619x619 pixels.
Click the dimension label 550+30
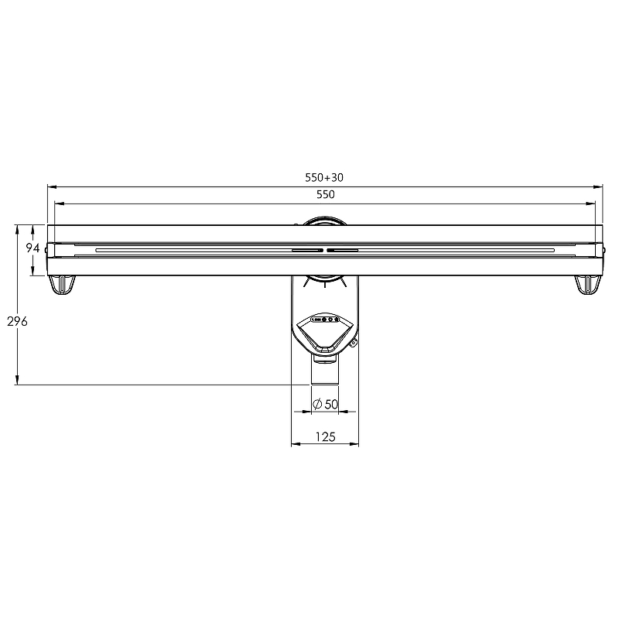click(x=324, y=178)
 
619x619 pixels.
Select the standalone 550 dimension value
click(x=326, y=194)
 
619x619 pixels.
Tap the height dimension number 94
click(x=32, y=248)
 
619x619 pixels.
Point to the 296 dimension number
click(x=17, y=322)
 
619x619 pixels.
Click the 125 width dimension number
click(x=325, y=437)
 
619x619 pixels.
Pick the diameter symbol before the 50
click(x=317, y=404)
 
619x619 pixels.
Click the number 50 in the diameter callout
click(x=332, y=404)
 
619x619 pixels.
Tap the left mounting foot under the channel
click(x=62, y=285)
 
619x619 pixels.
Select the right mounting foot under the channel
click(x=588, y=285)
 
